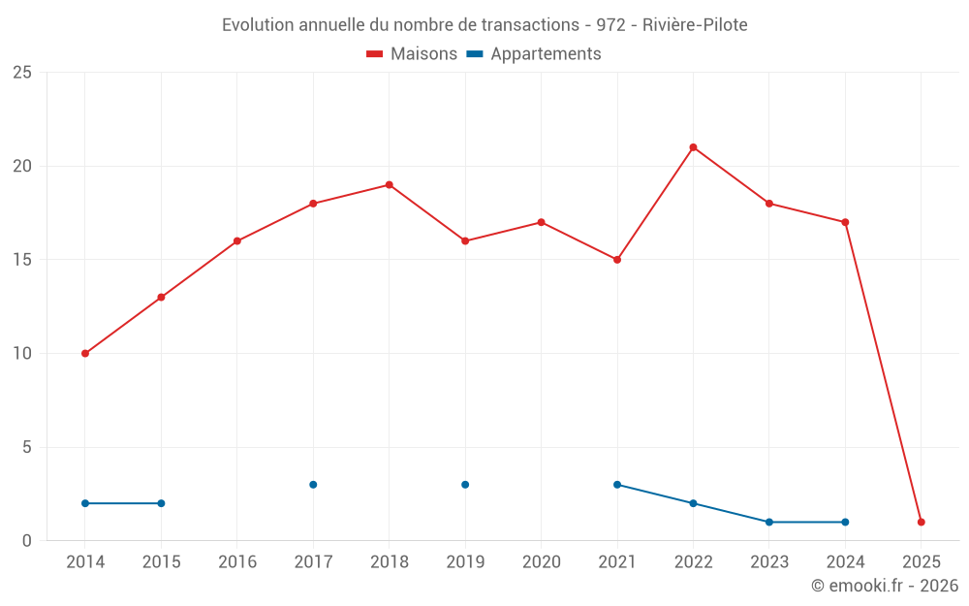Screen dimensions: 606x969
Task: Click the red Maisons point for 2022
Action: pyautogui.click(x=693, y=147)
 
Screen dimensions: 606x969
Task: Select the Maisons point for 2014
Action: pyautogui.click(x=85, y=354)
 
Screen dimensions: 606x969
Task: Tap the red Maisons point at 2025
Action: pyautogui.click(x=921, y=523)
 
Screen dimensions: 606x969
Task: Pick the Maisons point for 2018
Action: pyautogui.click(x=389, y=185)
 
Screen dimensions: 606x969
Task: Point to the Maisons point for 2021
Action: pyautogui.click(x=617, y=260)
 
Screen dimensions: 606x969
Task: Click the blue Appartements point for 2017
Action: pyautogui.click(x=313, y=485)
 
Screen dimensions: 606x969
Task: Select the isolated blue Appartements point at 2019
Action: pyautogui.click(x=465, y=485)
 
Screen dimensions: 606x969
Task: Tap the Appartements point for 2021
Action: pyautogui.click(x=617, y=485)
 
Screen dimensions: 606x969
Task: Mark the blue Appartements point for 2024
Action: pyautogui.click(x=845, y=523)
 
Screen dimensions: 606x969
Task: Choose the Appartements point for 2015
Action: pyautogui.click(x=161, y=503)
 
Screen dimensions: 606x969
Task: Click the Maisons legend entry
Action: pyautogui.click(x=412, y=54)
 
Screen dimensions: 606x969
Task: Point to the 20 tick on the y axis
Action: pyautogui.click(x=21, y=166)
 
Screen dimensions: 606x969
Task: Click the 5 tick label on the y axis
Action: pyautogui.click(x=26, y=447)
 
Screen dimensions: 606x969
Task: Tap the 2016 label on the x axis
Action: pyautogui.click(x=237, y=562)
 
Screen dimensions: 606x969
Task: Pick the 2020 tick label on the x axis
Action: pyautogui.click(x=541, y=562)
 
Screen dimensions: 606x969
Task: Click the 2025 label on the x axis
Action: pyautogui.click(x=921, y=562)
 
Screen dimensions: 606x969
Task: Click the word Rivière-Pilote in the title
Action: pyautogui.click(x=695, y=25)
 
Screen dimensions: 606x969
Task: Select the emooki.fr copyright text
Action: pyautogui.click(x=885, y=586)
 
